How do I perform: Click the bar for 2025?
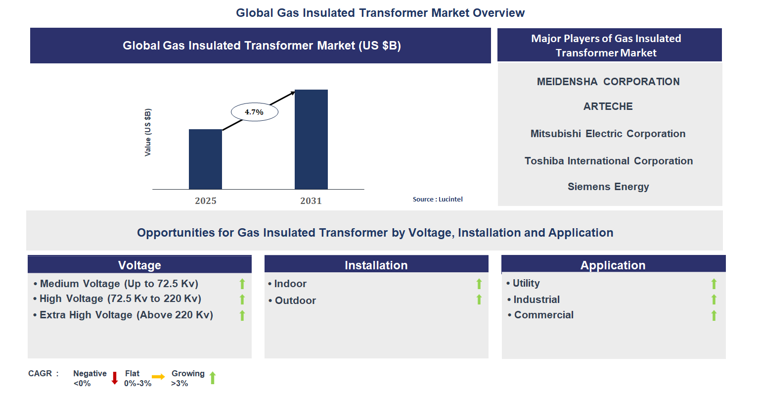point(205,159)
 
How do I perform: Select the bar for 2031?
point(311,139)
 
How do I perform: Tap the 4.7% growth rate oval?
point(255,112)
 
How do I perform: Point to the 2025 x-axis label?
point(205,201)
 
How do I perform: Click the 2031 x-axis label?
point(311,201)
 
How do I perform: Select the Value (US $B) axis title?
point(148,132)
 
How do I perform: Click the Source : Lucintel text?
point(438,199)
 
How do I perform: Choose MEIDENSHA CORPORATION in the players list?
point(608,82)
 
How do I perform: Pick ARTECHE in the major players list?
point(608,106)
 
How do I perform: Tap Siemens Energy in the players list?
point(608,187)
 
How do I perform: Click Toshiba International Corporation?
point(609,161)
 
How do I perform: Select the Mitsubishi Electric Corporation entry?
point(608,134)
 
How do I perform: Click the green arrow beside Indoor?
point(479,284)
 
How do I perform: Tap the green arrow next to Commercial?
point(714,315)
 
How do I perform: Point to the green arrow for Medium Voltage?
point(242,284)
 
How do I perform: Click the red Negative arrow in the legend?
point(115,378)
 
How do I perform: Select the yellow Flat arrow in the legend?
point(158,377)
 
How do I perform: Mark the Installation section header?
point(376,265)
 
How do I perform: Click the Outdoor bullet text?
point(295,301)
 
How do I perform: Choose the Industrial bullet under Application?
point(536,300)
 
